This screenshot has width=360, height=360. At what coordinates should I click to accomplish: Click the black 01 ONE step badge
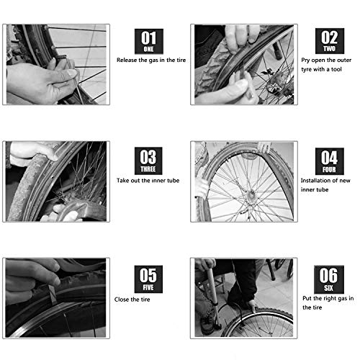pos(149,42)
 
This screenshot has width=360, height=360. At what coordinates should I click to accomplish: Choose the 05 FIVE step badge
pos(149,276)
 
